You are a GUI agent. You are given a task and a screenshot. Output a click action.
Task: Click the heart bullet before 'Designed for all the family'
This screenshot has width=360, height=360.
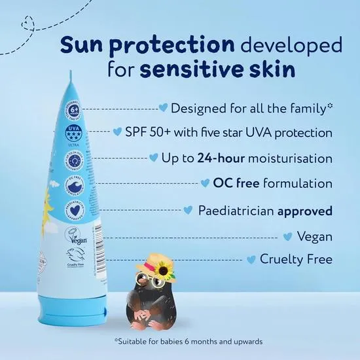(164, 107)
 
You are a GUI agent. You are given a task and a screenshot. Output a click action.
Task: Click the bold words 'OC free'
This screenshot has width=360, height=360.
(233, 184)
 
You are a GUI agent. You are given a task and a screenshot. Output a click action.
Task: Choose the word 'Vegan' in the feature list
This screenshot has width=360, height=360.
(314, 236)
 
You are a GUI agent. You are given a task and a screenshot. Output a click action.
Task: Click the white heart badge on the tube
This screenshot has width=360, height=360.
(74, 213)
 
